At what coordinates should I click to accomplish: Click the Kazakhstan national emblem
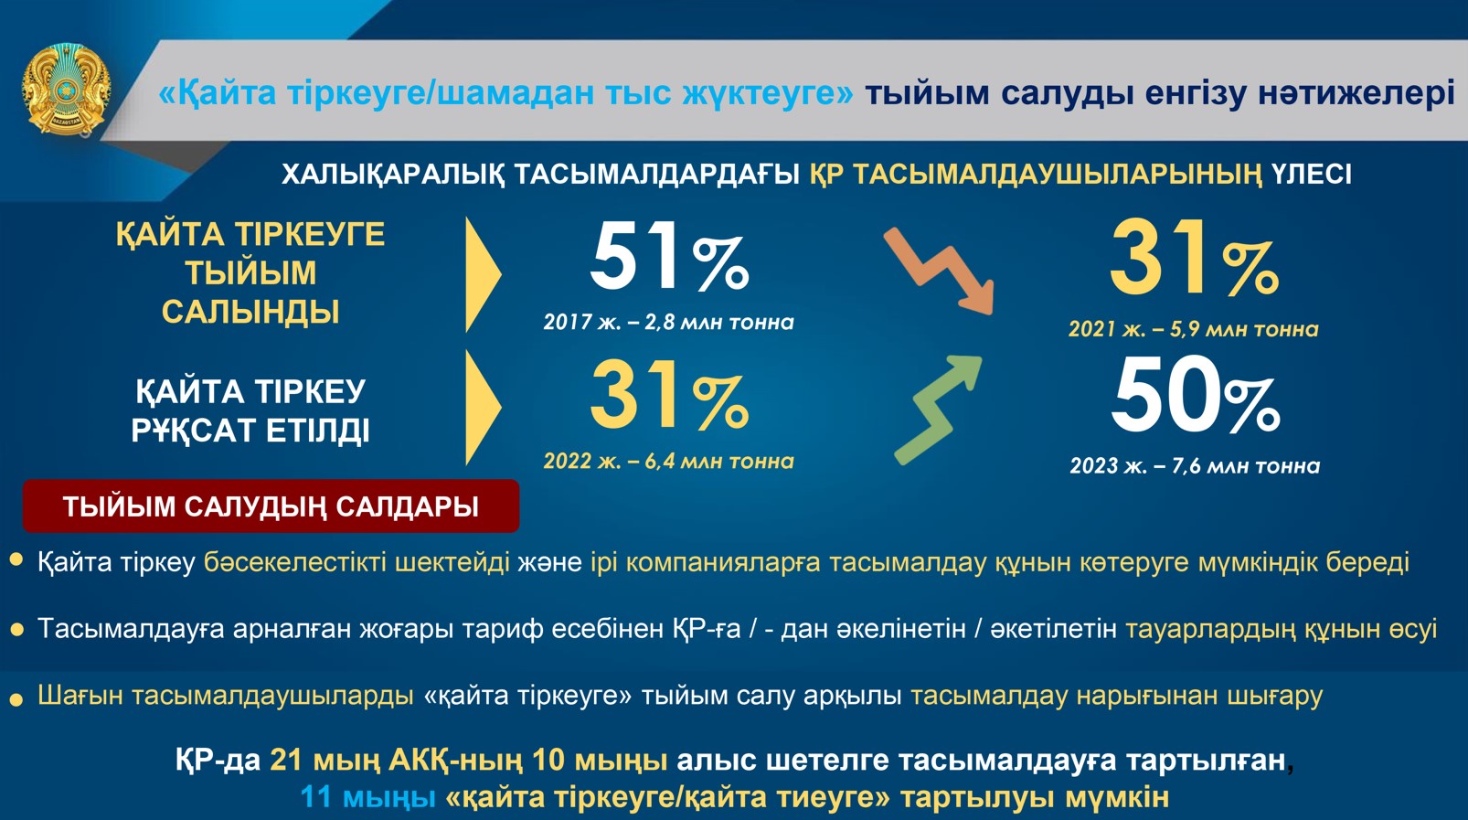point(66,90)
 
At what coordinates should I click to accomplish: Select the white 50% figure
point(1196,395)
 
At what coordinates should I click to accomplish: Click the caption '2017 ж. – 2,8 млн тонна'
point(668,323)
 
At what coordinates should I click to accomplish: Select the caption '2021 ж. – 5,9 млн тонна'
point(1194,329)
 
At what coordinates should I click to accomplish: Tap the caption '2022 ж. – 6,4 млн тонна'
point(668,462)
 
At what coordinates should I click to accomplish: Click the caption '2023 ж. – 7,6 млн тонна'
point(1195,466)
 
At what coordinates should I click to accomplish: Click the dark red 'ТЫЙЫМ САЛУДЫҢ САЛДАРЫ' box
point(271,506)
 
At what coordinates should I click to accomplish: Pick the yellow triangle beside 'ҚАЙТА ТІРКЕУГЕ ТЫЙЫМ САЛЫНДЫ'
point(483,274)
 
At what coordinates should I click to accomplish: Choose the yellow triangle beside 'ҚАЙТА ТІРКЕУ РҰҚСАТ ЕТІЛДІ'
point(483,408)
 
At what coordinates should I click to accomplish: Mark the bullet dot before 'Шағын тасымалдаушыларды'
point(16,700)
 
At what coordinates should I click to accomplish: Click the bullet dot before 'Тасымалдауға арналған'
point(16,630)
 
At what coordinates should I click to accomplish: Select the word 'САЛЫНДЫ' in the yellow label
point(250,312)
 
